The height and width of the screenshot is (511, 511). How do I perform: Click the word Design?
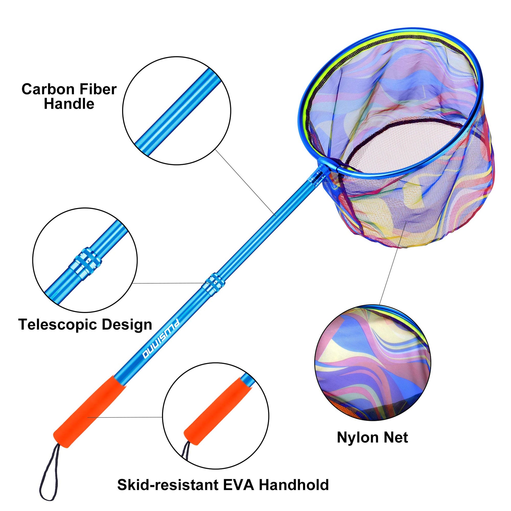pyautogui.click(x=127, y=325)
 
